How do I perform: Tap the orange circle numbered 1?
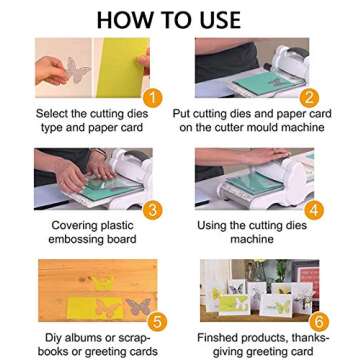(151, 97)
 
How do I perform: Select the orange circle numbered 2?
(310, 97)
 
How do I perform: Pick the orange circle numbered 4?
(313, 209)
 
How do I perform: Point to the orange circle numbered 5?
(156, 321)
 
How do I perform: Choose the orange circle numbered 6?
(318, 322)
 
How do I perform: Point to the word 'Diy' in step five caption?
(45, 338)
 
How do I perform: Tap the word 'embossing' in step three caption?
(68, 240)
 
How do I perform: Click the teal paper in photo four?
(250, 184)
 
